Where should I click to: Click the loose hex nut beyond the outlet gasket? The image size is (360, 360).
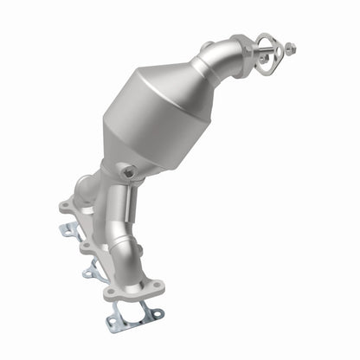click(x=290, y=48)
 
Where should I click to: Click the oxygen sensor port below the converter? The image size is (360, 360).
click(x=128, y=172)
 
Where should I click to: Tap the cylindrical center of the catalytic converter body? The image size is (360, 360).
click(x=154, y=112)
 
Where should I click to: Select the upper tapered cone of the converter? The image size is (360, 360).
click(x=186, y=82)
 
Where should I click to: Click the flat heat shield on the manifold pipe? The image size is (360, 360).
click(x=122, y=212)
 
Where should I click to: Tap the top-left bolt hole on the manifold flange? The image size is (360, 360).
click(x=66, y=206)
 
